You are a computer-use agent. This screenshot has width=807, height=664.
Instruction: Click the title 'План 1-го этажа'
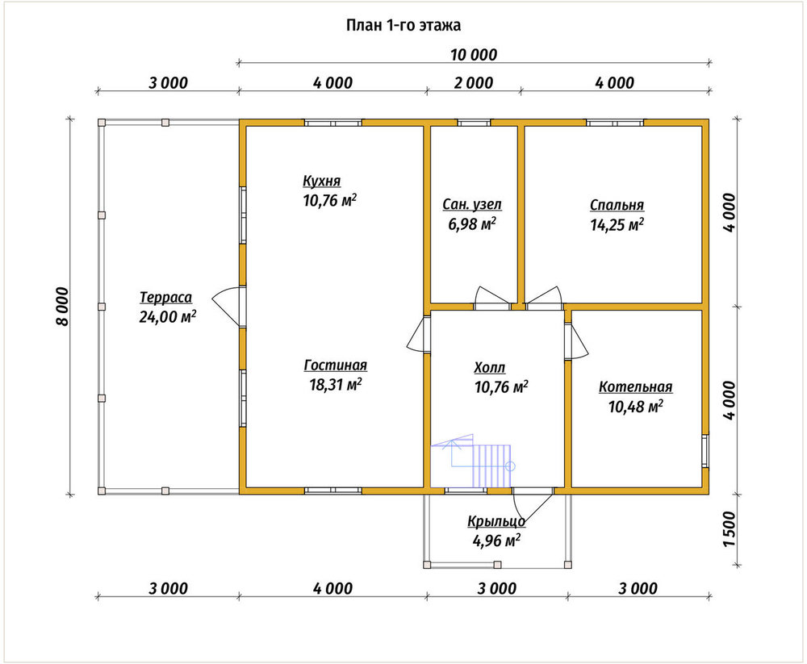click(403, 25)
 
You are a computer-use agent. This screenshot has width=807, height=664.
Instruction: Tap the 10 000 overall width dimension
click(474, 55)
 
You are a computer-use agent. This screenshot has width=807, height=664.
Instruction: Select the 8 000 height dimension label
click(62, 307)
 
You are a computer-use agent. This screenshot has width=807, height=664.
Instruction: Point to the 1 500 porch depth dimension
click(730, 529)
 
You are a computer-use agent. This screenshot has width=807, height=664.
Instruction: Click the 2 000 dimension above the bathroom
click(474, 83)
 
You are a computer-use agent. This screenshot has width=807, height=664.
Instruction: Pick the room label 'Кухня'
click(322, 182)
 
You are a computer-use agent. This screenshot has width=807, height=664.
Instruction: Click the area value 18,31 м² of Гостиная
click(336, 385)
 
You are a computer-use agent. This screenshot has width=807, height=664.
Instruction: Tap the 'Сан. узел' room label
click(472, 205)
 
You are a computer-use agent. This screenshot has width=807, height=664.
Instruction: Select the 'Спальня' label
click(617, 206)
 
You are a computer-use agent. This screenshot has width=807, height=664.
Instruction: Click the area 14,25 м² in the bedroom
click(617, 225)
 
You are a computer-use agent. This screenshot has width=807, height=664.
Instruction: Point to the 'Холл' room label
click(490, 368)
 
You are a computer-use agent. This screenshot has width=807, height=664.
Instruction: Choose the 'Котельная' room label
click(636, 387)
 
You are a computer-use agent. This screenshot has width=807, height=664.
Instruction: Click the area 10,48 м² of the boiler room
click(636, 407)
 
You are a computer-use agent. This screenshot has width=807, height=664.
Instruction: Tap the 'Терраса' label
click(165, 298)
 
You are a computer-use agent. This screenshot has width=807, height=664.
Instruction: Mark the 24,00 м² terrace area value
click(167, 316)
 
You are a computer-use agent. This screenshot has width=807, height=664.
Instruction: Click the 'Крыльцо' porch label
click(496, 521)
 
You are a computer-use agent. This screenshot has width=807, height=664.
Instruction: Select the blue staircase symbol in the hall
click(473, 461)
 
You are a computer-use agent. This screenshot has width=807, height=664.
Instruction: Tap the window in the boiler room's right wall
click(705, 451)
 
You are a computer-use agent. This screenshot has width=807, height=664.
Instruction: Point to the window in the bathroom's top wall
click(474, 123)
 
